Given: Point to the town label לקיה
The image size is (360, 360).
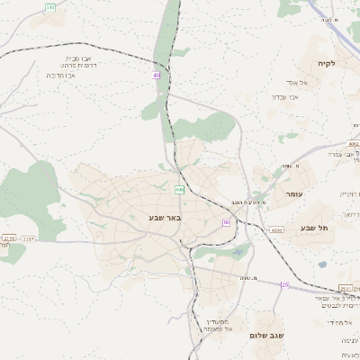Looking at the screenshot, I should click(326, 64).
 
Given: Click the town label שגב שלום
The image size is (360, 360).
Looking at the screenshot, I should click(269, 335).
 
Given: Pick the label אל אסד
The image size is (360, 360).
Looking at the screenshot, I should click(321, 83).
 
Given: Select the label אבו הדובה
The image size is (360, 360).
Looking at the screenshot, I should click(58, 76).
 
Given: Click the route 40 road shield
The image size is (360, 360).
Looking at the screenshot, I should click(156, 76).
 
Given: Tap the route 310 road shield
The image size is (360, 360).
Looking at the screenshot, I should click(49, 7).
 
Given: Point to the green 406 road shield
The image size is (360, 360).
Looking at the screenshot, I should click(180, 189).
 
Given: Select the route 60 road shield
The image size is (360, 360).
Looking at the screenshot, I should click(227, 221).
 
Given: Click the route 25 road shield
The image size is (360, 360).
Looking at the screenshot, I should click(285, 285).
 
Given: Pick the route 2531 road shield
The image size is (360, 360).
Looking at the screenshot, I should click(346, 289).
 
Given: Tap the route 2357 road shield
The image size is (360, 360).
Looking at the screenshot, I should click(28, 238).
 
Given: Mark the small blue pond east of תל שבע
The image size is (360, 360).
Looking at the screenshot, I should click(322, 265).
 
